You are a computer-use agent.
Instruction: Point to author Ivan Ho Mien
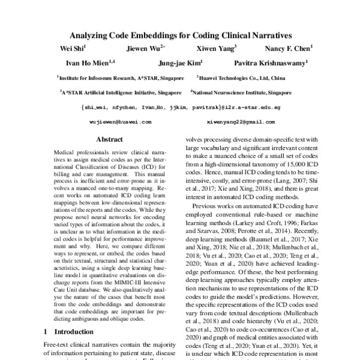89,63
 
